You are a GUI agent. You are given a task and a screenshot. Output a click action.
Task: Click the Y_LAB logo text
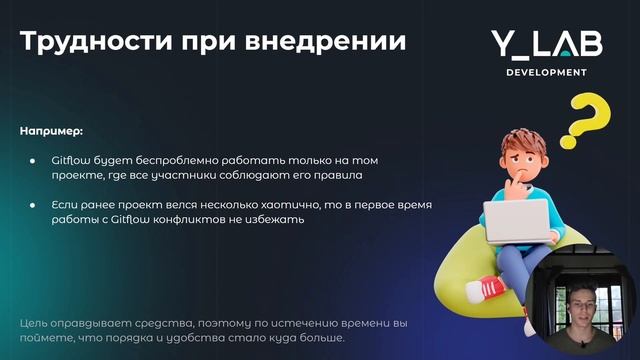(x=538, y=43)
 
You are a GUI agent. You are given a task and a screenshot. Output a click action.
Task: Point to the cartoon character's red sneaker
(x=491, y=289)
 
